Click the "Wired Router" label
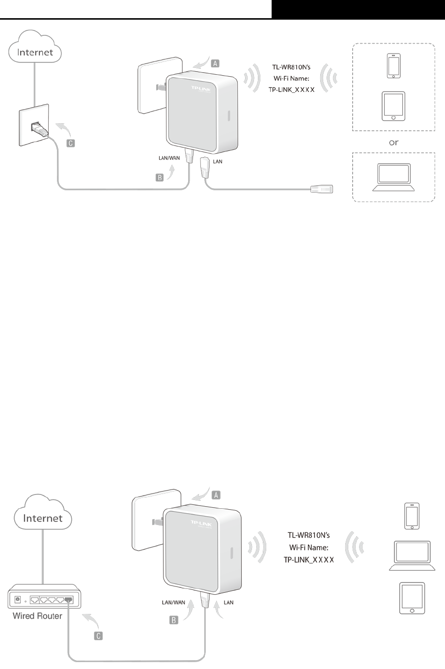37,616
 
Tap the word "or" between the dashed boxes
393,143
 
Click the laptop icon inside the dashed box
393,177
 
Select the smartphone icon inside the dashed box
393,66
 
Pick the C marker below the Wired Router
98,636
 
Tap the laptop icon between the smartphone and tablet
412,555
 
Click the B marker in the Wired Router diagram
173,620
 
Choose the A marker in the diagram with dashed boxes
216,63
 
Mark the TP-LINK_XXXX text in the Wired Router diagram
308,559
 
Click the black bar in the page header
358,9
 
